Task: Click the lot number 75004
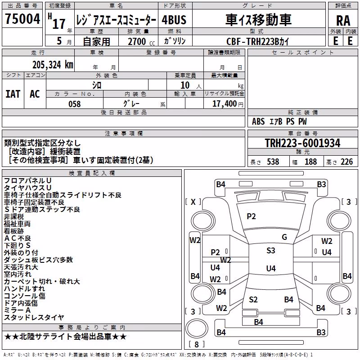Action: point(22,18)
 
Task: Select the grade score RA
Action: point(343,21)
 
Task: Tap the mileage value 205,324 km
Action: point(53,65)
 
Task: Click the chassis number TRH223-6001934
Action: point(302,143)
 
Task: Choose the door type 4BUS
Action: point(174,20)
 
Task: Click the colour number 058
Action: point(75,104)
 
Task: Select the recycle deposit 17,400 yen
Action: point(228,104)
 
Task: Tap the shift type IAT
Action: point(13,94)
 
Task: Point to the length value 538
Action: point(273,162)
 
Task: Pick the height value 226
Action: point(346,162)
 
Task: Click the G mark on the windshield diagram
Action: point(284,237)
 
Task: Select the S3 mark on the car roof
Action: point(271,251)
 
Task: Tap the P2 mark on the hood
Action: point(251,216)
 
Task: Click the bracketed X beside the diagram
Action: point(193,202)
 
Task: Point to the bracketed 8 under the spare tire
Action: point(197,344)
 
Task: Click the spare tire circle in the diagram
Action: point(197,328)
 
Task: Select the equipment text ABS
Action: point(258,121)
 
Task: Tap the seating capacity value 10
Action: point(185,85)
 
